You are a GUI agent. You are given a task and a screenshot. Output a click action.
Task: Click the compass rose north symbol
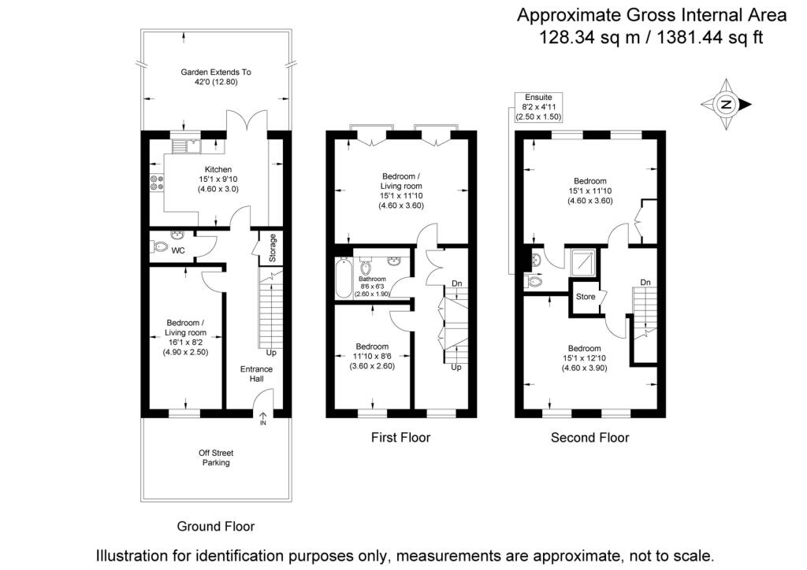click(726, 105)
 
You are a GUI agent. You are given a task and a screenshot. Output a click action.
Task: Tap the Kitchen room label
click(218, 169)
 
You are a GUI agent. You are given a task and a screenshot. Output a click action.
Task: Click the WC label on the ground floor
click(178, 250)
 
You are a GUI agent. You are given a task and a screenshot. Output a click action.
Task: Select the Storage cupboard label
click(272, 248)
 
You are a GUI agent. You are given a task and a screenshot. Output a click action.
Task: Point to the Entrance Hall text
click(256, 374)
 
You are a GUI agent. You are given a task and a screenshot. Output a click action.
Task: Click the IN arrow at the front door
click(263, 418)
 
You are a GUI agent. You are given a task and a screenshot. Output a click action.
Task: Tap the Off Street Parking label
click(216, 457)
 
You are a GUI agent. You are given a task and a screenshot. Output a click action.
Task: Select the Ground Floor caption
click(216, 527)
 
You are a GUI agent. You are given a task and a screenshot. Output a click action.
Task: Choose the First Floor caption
click(400, 438)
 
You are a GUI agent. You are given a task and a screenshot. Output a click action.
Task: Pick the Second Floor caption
click(589, 438)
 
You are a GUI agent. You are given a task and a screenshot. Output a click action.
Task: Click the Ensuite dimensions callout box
click(538, 107)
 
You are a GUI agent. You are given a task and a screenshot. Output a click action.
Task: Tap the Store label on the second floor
click(586, 297)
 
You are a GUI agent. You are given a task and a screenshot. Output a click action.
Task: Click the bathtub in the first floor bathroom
click(344, 279)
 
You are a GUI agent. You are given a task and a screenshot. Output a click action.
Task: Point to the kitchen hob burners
click(157, 183)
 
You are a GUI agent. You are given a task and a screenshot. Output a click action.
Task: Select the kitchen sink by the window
click(186, 146)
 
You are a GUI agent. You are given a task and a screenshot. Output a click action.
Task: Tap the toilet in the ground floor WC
click(160, 248)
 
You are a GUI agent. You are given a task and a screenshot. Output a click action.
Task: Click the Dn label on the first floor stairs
click(456, 283)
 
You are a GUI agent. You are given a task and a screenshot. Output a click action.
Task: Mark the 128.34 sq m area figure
click(588, 38)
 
